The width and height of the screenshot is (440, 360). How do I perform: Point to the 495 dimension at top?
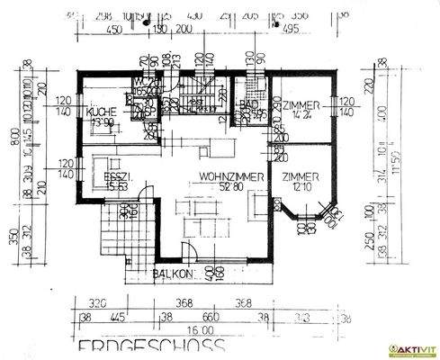coord(290,29)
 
